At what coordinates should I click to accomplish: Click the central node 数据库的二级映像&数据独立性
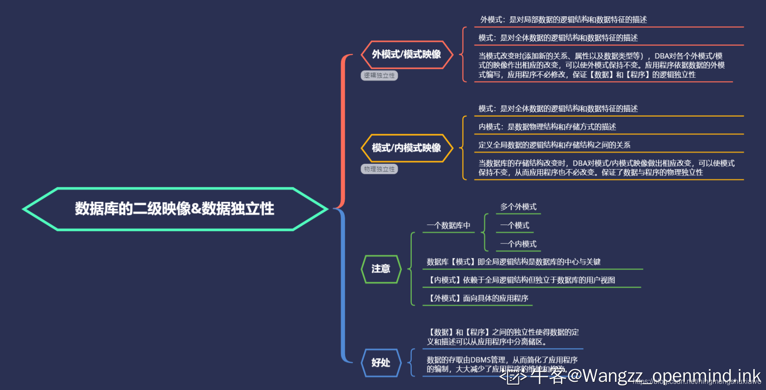[175, 209]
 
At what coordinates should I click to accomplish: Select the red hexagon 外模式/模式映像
[406, 54]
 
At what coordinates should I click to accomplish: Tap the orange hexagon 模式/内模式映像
[406, 148]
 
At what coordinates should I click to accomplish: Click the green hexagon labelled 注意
[381, 269]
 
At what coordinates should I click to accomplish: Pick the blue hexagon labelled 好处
[381, 362]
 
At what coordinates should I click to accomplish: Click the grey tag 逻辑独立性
[379, 75]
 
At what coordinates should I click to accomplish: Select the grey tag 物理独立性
[379, 169]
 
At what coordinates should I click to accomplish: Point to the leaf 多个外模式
[518, 207]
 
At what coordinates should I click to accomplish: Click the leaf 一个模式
[514, 225]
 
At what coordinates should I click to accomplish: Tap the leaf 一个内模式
[518, 244]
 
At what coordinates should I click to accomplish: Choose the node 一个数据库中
[448, 225]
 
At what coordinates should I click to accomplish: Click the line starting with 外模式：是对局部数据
[563, 19]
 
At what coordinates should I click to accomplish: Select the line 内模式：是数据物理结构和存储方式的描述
[547, 127]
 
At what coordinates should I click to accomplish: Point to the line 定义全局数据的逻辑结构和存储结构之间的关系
[554, 145]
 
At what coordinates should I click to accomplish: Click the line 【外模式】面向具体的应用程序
[477, 298]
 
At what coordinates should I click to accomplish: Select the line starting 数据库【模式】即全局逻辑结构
[513, 262]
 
